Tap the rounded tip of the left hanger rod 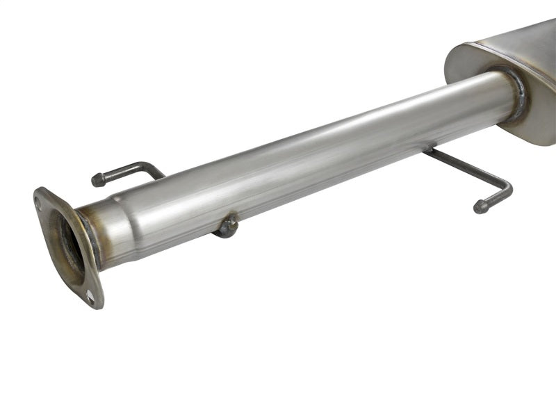click(97, 181)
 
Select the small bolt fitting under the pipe click(227, 227)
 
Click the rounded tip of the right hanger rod click(480, 207)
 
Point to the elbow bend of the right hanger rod click(507, 188)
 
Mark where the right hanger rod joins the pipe click(430, 149)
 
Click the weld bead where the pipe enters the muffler click(518, 94)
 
